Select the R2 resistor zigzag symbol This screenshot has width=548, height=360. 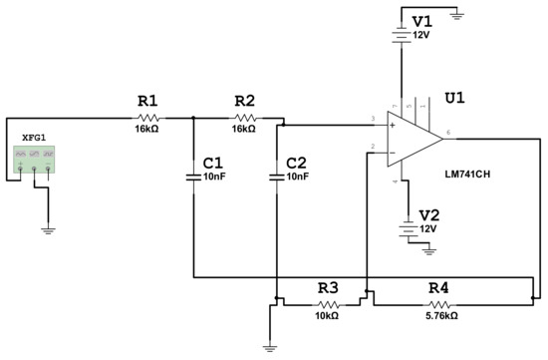244,118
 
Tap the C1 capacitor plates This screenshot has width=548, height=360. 194,177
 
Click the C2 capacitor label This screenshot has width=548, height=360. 296,163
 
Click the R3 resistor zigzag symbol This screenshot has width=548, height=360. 328,302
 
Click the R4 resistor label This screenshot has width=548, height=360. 438,287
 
